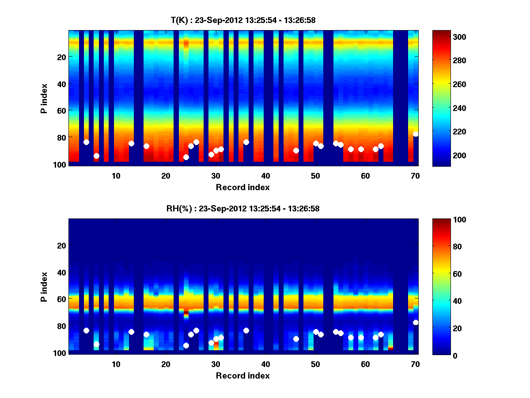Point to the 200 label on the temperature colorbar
tap(457, 155)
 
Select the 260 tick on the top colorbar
tap(457, 84)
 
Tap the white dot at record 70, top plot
tap(416, 134)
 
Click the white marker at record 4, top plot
tap(86, 142)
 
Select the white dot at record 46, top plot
tap(296, 150)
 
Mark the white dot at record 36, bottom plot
tap(246, 330)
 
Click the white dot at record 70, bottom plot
tap(416, 322)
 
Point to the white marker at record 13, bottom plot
tap(131, 332)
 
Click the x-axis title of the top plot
tap(243, 188)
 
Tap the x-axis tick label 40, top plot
tap(265, 176)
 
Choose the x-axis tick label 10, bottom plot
tap(116, 364)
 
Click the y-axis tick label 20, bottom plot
tap(61, 245)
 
